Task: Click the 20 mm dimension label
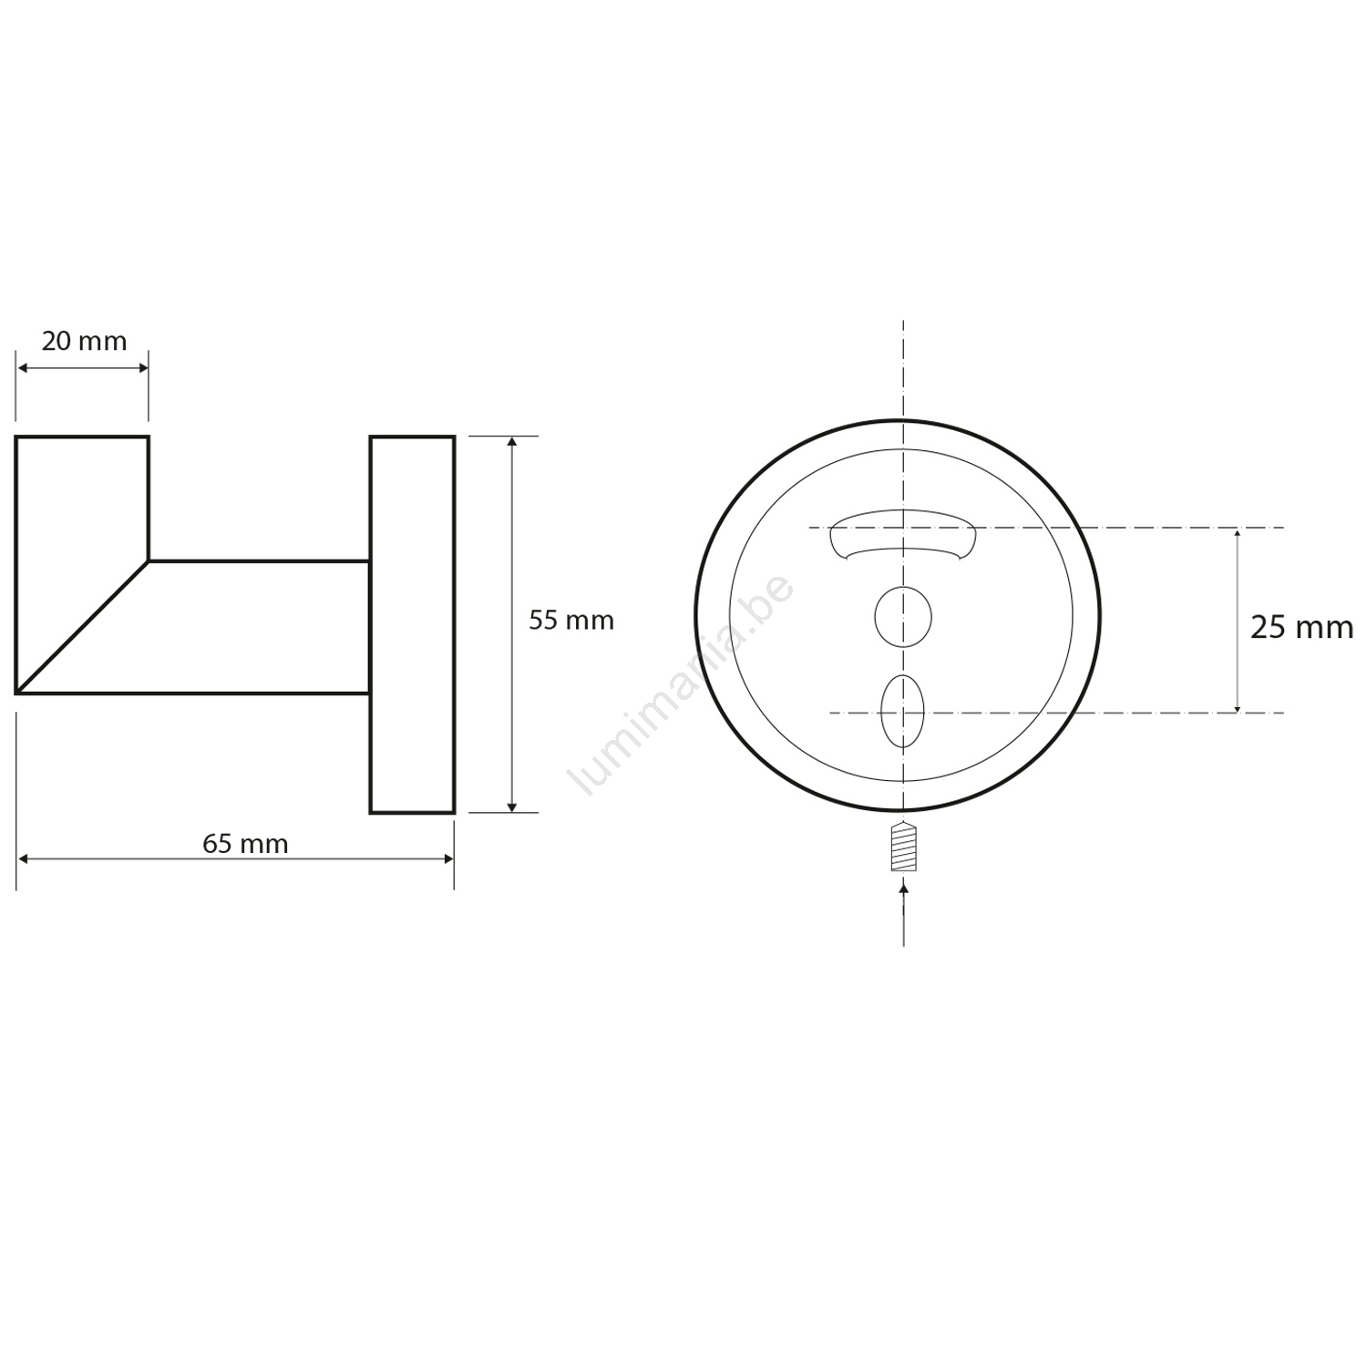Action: [x=84, y=341]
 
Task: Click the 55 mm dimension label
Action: [x=571, y=621]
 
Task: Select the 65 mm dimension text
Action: [x=245, y=844]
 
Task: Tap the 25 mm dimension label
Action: [x=1301, y=628]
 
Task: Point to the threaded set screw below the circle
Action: [x=903, y=847]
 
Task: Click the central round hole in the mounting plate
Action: [x=903, y=617]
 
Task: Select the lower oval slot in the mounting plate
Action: [x=903, y=711]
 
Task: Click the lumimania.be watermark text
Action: [x=681, y=685]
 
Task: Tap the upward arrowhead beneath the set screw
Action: [x=903, y=887]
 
